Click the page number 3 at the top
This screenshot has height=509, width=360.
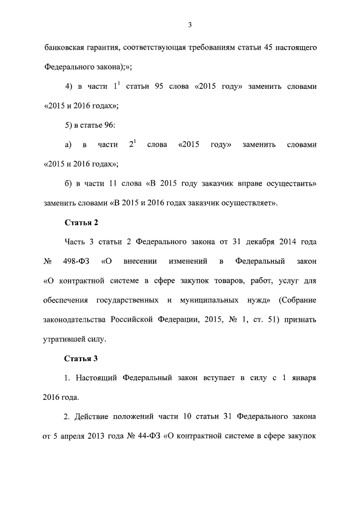(190, 24)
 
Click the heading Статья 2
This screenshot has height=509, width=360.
(82, 222)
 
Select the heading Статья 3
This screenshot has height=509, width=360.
(82, 358)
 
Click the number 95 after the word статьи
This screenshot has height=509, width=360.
(159, 87)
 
